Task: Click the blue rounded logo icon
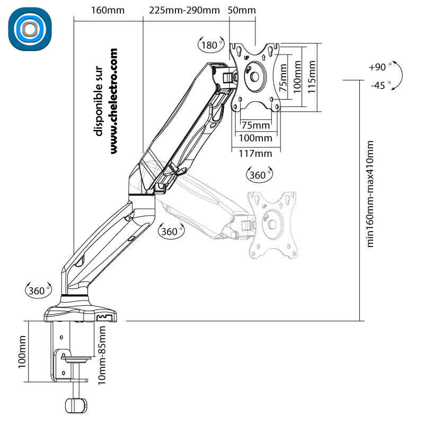(30, 29)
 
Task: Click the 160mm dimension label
(108, 10)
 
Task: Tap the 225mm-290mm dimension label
(184, 10)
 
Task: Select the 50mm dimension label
(242, 10)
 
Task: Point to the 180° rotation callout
(211, 45)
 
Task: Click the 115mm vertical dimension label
(312, 77)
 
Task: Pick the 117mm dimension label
(255, 154)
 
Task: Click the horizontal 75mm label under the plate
(255, 125)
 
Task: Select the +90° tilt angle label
(379, 67)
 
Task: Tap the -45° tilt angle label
(379, 85)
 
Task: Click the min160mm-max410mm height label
(370, 193)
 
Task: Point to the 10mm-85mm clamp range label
(102, 355)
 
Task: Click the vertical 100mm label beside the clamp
(22, 351)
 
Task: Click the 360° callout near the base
(38, 290)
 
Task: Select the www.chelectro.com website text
(113, 101)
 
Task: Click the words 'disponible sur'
(98, 101)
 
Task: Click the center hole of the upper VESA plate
(254, 77)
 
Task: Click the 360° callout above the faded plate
(259, 175)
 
